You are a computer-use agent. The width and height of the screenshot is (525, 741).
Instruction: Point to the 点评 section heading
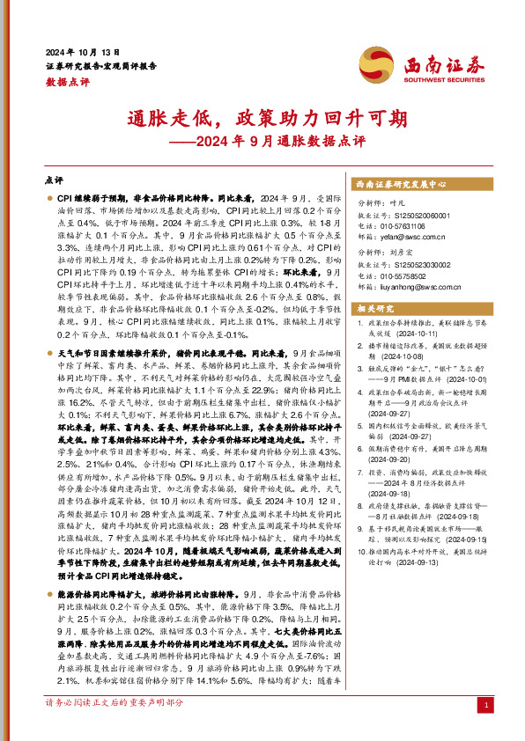click(x=55, y=180)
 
